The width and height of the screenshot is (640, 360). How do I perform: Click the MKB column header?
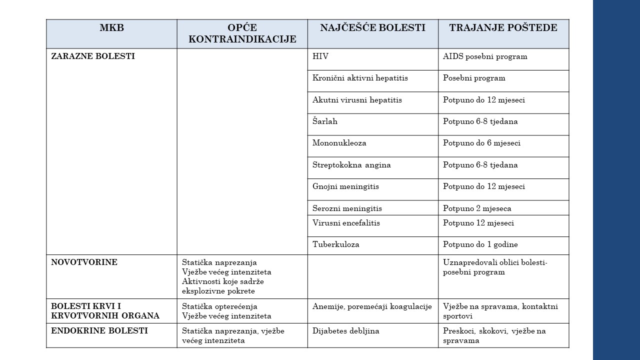(111, 28)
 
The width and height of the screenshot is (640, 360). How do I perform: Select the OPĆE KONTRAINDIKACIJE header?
(242, 33)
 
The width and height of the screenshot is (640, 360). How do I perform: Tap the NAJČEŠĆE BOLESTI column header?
(372, 28)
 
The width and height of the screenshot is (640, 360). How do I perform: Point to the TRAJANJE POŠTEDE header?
(503, 28)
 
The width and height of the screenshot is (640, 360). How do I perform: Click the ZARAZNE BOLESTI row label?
(93, 56)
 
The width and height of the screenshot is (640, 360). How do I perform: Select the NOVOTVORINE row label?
(84, 262)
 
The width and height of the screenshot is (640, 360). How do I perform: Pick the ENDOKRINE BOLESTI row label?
(99, 330)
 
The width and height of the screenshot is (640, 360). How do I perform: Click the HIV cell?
(320, 56)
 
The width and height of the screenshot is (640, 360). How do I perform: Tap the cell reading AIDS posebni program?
(485, 56)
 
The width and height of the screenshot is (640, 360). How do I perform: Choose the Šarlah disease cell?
(325, 121)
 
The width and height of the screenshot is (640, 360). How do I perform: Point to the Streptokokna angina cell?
(351, 165)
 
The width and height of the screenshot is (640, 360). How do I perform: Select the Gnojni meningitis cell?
(345, 186)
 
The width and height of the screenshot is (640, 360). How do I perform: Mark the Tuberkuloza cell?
(336, 244)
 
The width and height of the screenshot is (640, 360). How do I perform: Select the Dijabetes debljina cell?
(346, 330)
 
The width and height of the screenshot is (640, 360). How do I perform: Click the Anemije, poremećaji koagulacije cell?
(372, 306)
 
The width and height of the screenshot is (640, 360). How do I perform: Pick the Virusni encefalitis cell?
(346, 223)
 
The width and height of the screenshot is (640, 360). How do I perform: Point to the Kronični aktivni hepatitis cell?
(360, 78)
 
